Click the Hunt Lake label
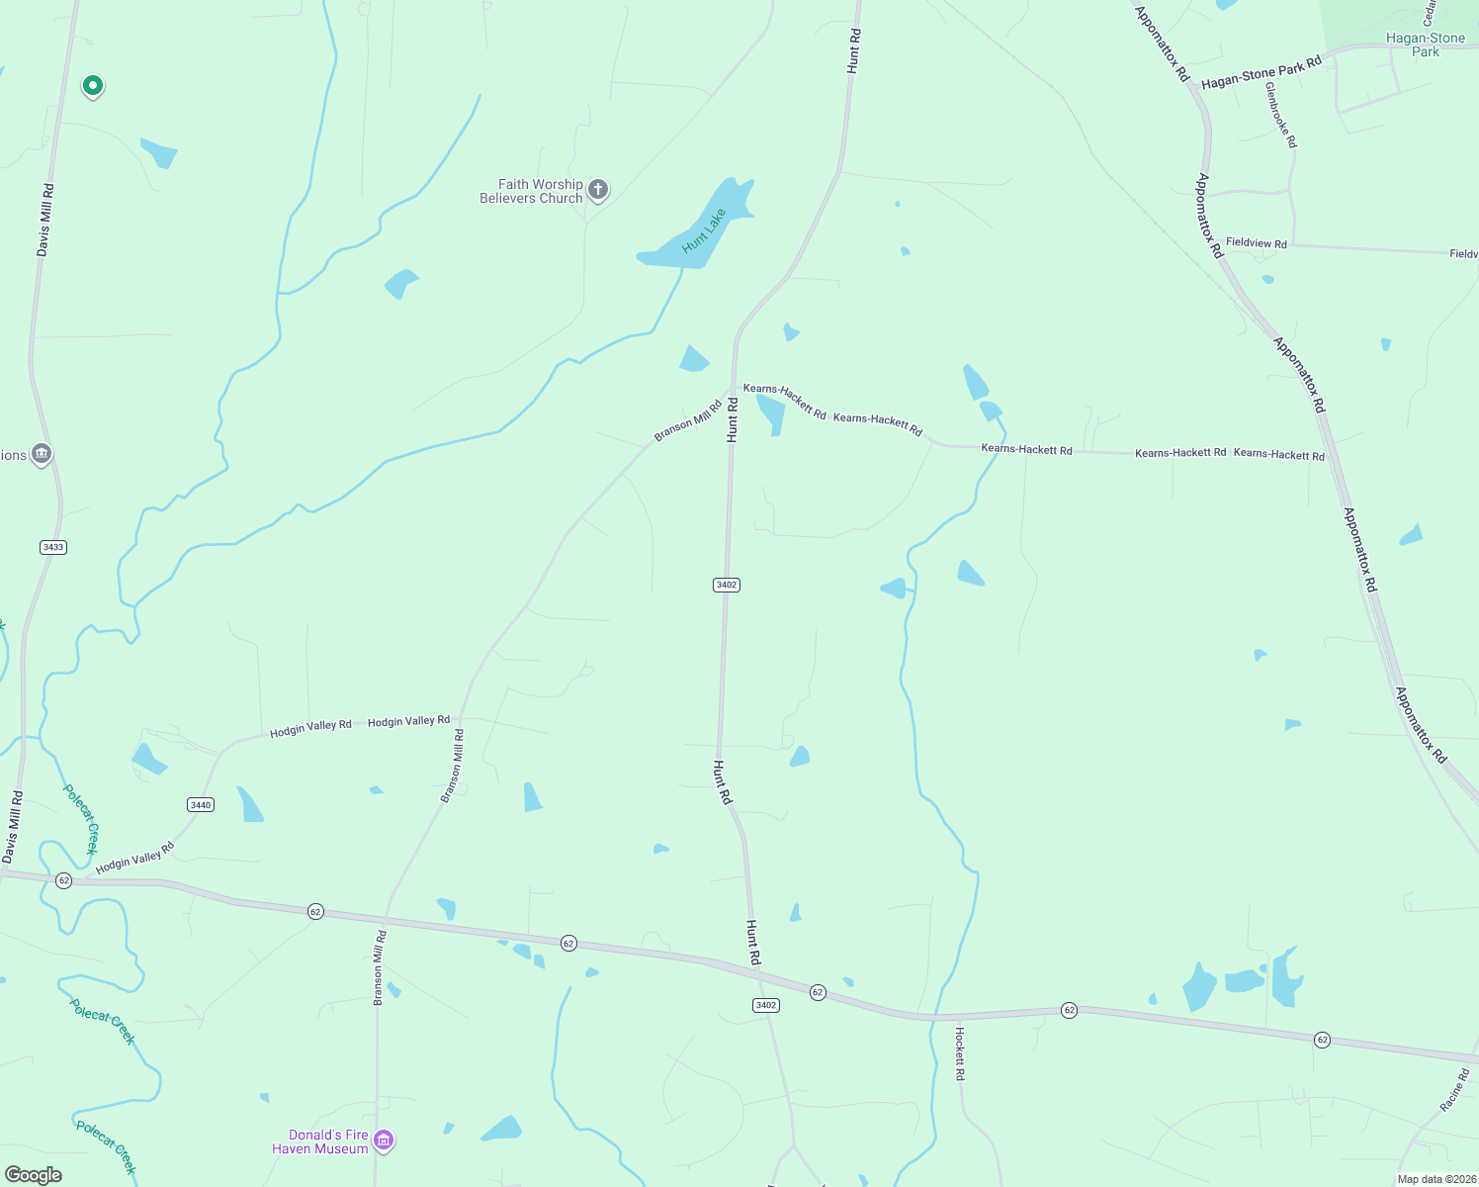704,230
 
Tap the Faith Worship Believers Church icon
597,189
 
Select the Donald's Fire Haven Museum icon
385,1141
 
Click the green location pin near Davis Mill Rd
92,86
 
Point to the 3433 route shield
53,547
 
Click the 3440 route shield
201,804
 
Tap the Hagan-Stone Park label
1425,45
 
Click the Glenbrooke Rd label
1280,115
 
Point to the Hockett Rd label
959,1052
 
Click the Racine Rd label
1454,1090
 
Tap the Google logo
34,1175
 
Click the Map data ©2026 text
1435,1179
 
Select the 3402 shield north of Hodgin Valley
727,585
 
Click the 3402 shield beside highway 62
766,1005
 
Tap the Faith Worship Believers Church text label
531,191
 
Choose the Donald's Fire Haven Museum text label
319,1141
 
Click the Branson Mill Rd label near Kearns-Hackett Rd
688,420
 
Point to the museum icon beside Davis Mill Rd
41,454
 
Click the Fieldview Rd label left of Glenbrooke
1256,242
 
